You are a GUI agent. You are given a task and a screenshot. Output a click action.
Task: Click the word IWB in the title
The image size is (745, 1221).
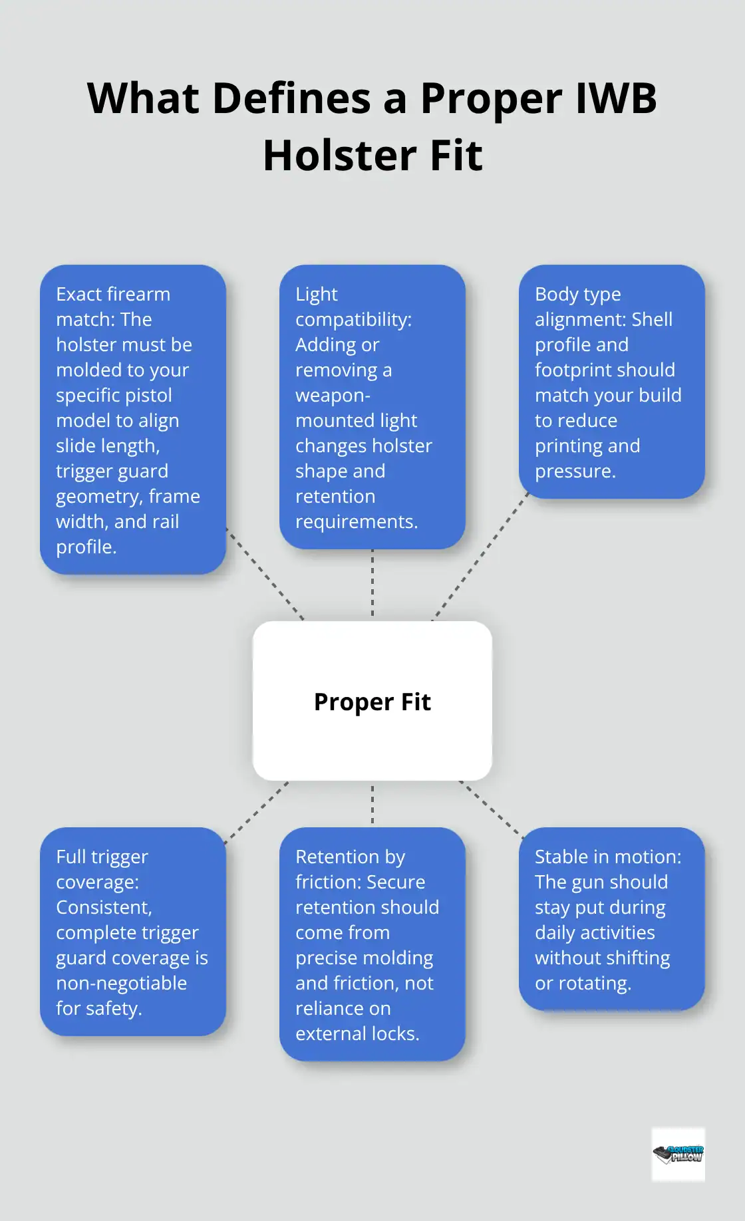615,98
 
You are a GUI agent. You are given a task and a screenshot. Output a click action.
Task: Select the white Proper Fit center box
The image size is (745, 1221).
372,701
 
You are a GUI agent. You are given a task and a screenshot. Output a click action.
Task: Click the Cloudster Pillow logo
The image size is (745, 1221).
678,1154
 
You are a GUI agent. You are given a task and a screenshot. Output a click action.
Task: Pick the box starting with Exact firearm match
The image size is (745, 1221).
133,420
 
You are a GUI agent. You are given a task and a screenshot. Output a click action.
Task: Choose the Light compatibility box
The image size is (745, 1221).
372,407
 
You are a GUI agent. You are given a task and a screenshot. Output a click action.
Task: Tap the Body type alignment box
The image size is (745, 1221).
612,382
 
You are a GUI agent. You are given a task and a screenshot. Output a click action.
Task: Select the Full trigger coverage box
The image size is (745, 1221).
133,931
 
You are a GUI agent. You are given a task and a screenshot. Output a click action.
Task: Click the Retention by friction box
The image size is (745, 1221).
372,944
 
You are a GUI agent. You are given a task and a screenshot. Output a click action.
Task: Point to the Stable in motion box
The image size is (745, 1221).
612,918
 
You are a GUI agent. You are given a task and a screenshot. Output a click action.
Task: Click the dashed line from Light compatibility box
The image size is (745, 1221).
372,584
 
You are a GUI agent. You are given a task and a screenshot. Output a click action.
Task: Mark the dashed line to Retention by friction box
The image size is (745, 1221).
372,803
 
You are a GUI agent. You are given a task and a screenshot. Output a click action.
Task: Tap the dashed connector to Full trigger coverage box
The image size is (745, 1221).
257,812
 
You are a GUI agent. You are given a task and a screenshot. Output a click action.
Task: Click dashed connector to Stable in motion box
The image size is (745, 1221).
491,807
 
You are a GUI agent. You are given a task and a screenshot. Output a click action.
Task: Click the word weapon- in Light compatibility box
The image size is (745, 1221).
333,395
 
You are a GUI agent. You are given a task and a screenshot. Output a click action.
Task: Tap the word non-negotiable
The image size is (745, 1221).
121,983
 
